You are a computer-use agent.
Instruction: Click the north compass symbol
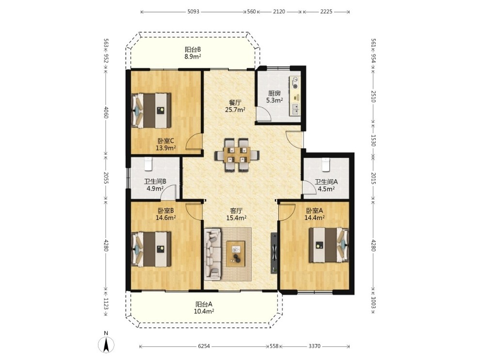tap(106, 343)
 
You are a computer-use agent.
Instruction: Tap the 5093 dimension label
tap(193, 12)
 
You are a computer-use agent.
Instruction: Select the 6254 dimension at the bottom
tap(204, 346)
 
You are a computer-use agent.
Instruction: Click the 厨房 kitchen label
tap(274, 94)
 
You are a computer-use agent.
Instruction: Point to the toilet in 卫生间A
tap(325, 164)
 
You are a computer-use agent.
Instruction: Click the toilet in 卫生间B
tap(148, 164)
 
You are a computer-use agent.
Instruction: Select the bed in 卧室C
tap(151, 111)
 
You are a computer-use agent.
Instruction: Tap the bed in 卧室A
tap(329, 245)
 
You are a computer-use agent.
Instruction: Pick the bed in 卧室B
tap(151, 249)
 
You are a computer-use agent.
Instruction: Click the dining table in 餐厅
tap(237, 155)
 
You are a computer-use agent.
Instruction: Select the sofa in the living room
tap(213, 254)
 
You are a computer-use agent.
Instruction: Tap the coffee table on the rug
tap(236, 254)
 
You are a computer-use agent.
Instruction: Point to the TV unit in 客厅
tap(274, 253)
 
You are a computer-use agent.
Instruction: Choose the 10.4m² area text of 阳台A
tap(204, 312)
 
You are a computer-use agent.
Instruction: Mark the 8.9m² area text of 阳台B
tap(192, 56)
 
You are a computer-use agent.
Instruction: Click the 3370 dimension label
tap(314, 346)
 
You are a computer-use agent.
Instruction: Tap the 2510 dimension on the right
tap(373, 96)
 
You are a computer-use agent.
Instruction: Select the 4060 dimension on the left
tap(106, 112)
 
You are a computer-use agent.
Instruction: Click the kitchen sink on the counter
tap(295, 109)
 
